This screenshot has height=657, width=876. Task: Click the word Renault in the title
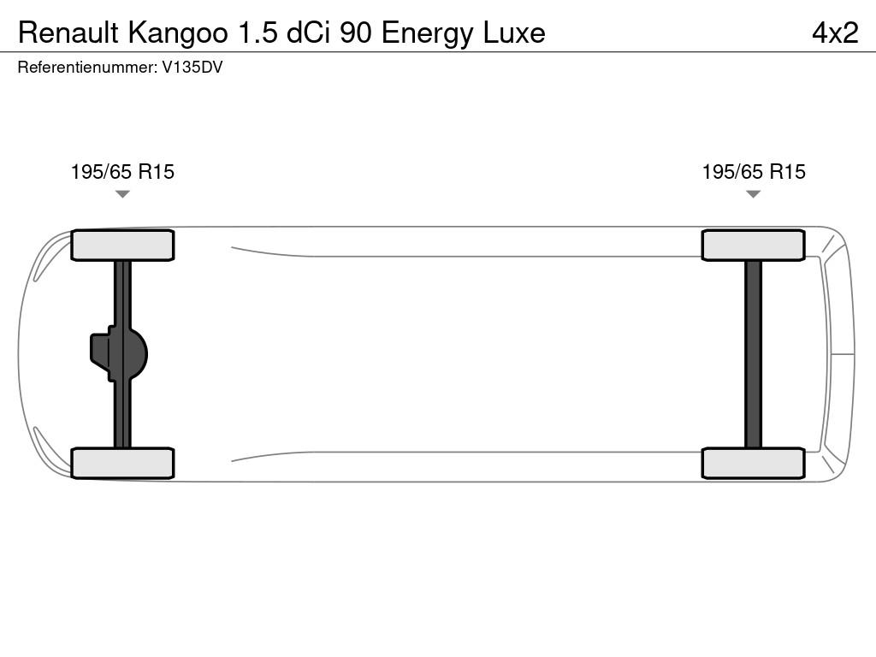point(69,33)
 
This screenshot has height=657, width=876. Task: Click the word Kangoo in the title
point(178,33)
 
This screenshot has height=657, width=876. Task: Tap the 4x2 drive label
point(834,33)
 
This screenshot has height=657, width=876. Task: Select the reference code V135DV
point(192,68)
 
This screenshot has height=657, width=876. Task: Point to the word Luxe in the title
point(512,33)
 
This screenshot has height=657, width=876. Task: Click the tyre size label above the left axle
point(122,172)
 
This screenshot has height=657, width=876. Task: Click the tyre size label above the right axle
point(754,172)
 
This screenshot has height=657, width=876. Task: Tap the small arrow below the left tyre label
point(122,194)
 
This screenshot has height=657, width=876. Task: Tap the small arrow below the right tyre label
point(753,194)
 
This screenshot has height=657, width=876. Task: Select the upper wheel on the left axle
point(122,246)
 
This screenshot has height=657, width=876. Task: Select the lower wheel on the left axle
point(122,463)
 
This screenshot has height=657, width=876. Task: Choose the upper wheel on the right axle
point(753,246)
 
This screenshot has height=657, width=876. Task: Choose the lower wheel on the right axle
point(753,463)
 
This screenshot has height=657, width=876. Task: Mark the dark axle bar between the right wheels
point(753,353)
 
